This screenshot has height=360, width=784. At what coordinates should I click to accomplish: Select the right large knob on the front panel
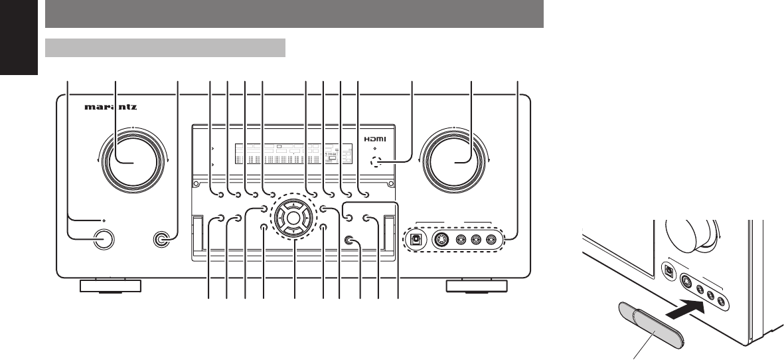[456, 162]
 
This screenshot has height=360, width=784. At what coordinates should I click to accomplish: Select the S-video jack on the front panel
[443, 240]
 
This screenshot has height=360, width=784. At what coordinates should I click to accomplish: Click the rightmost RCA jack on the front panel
[491, 240]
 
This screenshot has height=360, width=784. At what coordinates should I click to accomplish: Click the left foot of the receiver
[110, 286]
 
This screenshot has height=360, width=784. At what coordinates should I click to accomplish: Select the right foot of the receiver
[477, 286]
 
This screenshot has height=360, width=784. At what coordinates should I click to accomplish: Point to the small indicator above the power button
[103, 219]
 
